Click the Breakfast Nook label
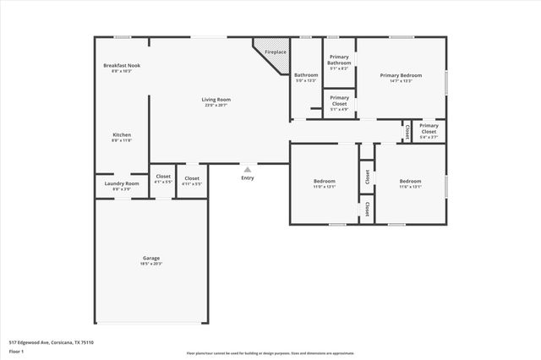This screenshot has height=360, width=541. pyautogui.click(x=122, y=68)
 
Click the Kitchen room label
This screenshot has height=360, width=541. pyautogui.click(x=122, y=137)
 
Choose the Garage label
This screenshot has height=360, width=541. pyautogui.click(x=150, y=260)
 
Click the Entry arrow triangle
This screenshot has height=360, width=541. pyautogui.click(x=247, y=169)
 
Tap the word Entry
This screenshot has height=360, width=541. pyautogui.click(x=247, y=177)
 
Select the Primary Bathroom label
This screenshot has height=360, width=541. pyautogui.click(x=339, y=61)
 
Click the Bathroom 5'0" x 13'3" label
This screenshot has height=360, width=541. pyautogui.click(x=305, y=77)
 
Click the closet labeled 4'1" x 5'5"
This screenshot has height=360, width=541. pyautogui.click(x=163, y=180)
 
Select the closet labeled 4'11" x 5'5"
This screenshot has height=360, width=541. pyautogui.click(x=192, y=180)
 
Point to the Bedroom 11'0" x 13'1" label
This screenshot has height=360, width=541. pyautogui.click(x=325, y=183)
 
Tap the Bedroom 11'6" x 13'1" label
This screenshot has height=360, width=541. pyautogui.click(x=410, y=183)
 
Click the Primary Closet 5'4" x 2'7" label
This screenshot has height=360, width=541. pyautogui.click(x=429, y=131)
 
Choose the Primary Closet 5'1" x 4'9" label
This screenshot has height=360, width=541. pyautogui.click(x=339, y=102)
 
